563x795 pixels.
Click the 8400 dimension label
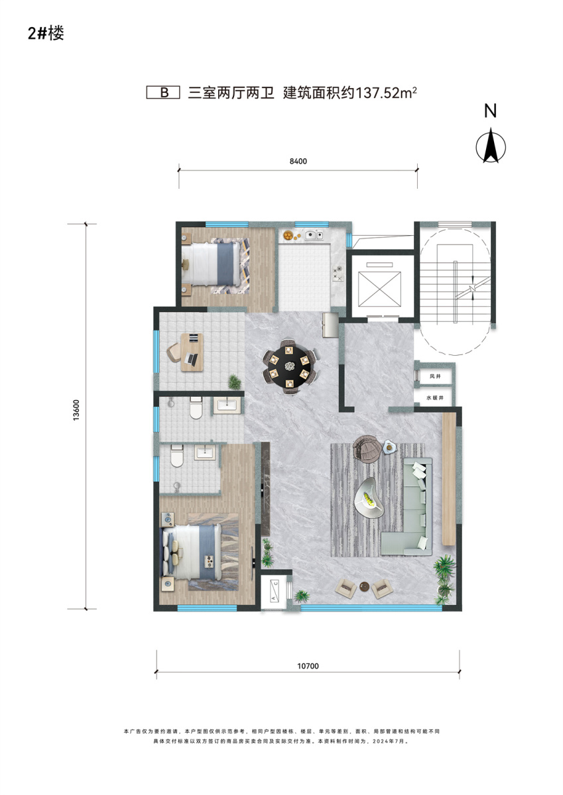298,162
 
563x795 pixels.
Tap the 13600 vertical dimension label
76,410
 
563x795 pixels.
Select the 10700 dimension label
308,666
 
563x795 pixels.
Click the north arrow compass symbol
491,145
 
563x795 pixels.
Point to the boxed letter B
164,93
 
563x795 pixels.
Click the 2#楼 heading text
46,34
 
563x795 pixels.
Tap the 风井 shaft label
435,376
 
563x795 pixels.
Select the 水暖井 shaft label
435,398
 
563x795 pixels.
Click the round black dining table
290,367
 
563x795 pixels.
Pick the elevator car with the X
379,289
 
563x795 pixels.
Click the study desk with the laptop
192,352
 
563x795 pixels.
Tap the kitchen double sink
314,235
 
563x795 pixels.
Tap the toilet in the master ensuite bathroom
176,456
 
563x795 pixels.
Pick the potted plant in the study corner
235,382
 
